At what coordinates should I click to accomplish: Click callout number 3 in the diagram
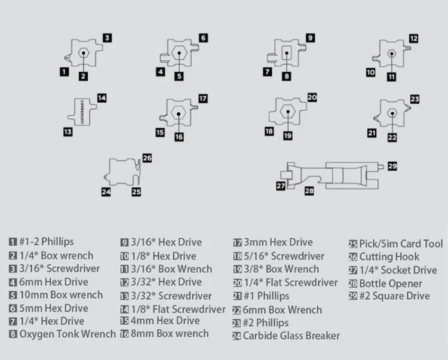(x=107, y=38)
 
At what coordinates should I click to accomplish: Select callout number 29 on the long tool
(x=392, y=165)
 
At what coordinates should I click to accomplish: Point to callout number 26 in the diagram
(x=147, y=158)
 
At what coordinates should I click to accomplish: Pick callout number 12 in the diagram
(x=413, y=38)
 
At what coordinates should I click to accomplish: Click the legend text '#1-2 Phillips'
(x=45, y=242)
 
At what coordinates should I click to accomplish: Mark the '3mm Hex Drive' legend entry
(x=278, y=242)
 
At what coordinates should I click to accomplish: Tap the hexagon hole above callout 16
(x=178, y=114)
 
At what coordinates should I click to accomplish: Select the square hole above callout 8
(x=287, y=53)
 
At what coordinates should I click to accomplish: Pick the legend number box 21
(x=237, y=296)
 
